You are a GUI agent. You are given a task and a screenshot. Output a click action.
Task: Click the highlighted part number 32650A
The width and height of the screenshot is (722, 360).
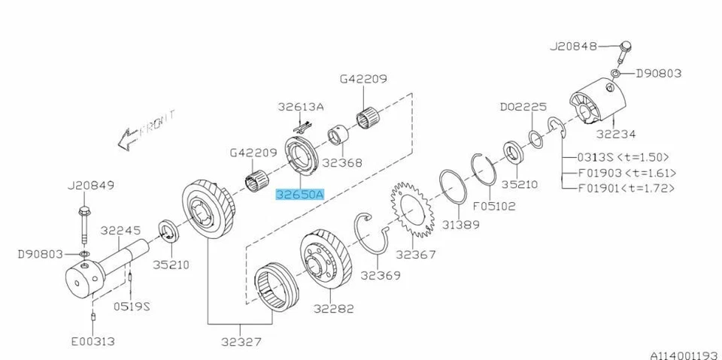point(299,195)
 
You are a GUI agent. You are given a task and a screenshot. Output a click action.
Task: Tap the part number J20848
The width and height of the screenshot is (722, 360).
point(572,46)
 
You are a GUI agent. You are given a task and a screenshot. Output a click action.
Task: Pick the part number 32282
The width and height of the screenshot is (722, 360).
point(335,309)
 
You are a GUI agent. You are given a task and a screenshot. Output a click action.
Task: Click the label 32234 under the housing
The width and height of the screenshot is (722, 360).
point(615,134)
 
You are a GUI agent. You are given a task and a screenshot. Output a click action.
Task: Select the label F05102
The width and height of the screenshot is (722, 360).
point(494,204)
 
